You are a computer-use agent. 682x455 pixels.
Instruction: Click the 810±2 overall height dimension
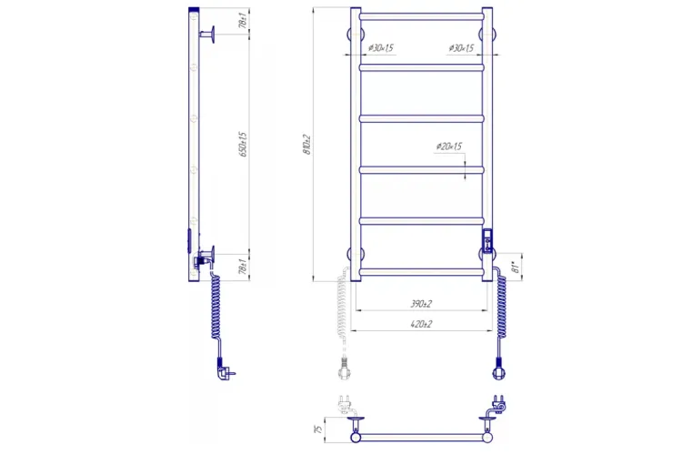[308, 144]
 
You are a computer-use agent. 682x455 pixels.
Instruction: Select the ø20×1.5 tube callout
[448, 147]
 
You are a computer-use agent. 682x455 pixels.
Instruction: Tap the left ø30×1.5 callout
[380, 48]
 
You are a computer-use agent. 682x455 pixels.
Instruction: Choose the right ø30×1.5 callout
[462, 48]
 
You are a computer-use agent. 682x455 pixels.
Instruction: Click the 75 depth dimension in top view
[316, 430]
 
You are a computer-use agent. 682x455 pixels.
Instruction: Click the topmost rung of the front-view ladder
[421, 15]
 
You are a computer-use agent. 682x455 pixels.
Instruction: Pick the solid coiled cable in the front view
[499, 305]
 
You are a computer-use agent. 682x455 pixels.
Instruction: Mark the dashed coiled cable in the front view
[344, 309]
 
